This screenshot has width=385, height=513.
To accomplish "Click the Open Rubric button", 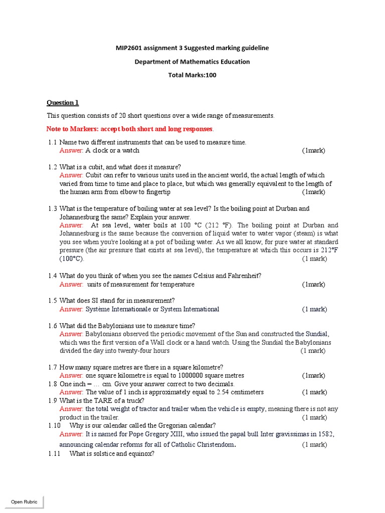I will tap(24, 501).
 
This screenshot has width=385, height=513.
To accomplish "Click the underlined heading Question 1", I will tap(63, 103).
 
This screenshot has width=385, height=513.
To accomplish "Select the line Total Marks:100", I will tap(192, 75).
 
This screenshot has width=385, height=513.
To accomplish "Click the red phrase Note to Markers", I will tap(73, 129).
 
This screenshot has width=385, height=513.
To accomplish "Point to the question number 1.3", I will tap(53, 208).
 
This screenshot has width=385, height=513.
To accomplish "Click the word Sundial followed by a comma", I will tap(318, 334).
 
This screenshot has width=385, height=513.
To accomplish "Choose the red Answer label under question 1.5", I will tap(72, 309).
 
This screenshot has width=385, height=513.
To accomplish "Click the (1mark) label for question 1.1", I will tap(313, 150).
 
